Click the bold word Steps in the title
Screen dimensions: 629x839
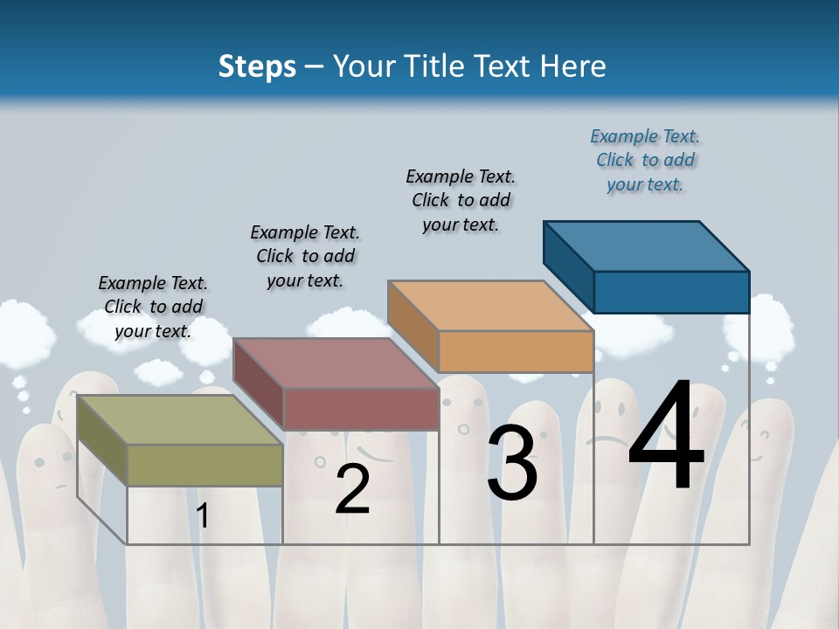257,66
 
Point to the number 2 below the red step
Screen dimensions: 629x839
352,489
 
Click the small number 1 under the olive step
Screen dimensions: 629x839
203,516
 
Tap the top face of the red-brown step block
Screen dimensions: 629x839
336,363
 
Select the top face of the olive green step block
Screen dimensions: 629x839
180,420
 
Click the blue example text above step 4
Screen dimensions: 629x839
645,161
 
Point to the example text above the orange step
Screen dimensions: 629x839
461,200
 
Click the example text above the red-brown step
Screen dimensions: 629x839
305,256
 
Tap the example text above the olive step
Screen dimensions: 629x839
153,307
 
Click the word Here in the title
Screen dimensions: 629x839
572,66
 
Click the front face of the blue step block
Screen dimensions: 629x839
671,292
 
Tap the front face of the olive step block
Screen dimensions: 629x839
205,465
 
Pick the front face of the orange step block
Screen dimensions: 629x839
516,351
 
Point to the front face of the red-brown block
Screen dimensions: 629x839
360,409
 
